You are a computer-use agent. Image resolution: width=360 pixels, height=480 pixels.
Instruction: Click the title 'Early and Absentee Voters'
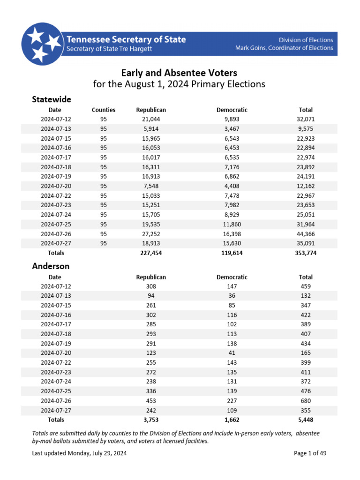180,73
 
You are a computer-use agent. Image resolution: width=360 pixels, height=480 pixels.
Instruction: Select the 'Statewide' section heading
52,99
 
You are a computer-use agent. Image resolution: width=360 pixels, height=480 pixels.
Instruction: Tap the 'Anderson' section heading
51,266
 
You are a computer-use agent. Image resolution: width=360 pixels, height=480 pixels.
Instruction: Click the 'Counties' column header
104,110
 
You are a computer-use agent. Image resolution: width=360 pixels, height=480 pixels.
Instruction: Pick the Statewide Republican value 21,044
151,119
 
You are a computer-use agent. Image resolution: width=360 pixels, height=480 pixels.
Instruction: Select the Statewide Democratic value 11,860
232,224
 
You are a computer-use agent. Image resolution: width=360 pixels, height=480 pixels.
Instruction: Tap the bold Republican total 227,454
151,253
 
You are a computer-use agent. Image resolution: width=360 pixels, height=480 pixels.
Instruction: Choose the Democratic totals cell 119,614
232,253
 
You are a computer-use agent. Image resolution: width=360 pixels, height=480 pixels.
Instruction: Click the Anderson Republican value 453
151,401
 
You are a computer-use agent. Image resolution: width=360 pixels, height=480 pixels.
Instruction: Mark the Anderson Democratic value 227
232,401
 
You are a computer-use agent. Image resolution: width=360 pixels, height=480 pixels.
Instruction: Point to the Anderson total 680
306,401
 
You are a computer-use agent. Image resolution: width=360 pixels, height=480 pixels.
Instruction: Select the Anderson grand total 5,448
306,420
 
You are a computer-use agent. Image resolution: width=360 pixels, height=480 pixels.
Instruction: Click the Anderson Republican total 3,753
151,420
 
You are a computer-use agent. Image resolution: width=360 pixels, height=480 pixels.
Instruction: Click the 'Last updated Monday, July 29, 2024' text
79,453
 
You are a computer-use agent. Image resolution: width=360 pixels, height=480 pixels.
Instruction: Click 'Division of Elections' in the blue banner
306,40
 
